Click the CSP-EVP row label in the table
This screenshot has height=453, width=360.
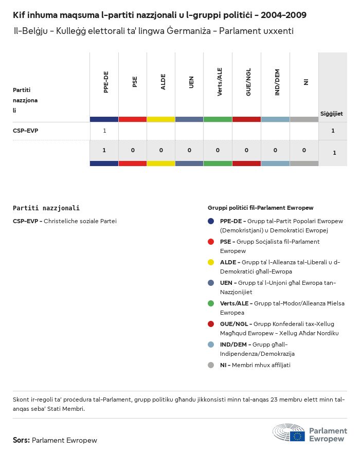(x=25, y=131)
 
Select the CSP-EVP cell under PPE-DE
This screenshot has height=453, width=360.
(x=104, y=131)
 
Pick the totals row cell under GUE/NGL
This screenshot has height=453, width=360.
(x=246, y=150)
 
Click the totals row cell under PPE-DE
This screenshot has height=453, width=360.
(x=104, y=150)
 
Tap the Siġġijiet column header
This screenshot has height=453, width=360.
(x=332, y=114)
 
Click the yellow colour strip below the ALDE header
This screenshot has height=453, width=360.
(x=161, y=119)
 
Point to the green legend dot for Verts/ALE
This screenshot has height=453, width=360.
(x=211, y=303)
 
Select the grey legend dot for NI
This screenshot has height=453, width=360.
(x=211, y=365)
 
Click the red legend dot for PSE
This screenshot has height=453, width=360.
(x=211, y=242)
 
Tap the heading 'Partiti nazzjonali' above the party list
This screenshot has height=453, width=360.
(x=46, y=208)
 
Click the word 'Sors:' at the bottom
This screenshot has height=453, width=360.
(x=21, y=440)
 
